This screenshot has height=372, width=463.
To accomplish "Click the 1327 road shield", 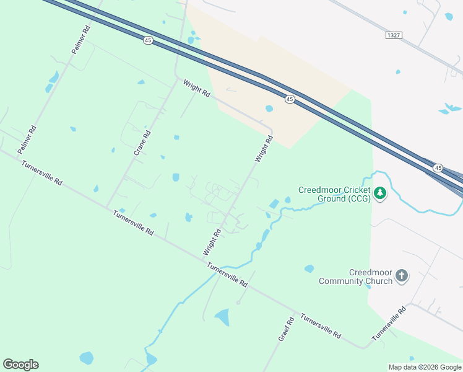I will coord(393,35).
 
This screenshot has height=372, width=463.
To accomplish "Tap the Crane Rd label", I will coord(143,143).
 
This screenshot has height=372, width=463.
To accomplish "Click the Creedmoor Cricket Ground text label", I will coord(334,194).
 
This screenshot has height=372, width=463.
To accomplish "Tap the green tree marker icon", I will coord(380,194).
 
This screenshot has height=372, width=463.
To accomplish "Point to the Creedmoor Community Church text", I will coord(355,277).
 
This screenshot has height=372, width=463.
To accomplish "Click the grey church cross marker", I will coord(402,276).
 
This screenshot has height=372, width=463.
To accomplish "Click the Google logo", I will coord(20,365).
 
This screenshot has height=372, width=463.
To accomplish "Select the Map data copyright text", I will coord(425,367).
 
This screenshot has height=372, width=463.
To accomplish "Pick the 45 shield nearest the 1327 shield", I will coord(290,99).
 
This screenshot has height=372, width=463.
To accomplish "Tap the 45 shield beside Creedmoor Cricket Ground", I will coord(438,168).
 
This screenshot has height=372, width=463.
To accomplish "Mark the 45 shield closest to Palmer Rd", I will coord(147,40).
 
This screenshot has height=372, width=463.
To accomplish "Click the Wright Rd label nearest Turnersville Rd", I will coord(212,243).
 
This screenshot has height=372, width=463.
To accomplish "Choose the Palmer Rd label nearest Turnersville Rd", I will coord(28,140).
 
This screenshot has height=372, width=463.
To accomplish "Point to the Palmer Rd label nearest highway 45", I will coord(82,40).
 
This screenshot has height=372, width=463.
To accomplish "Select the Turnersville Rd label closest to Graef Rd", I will coord(321,325).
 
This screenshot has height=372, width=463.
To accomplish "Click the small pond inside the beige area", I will coord(269,108).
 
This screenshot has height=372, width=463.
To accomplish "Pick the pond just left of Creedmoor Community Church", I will coord(309,268).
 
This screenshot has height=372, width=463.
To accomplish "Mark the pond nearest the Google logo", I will coord(86,358).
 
